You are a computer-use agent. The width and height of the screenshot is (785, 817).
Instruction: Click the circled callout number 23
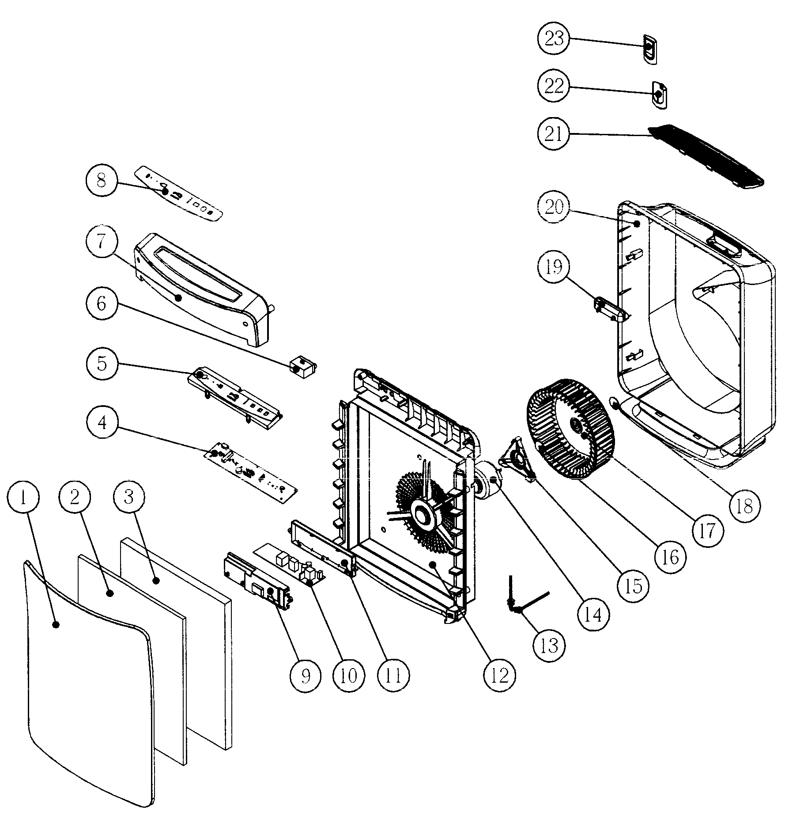coord(554,38)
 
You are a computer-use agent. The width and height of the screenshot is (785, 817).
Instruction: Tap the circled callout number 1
coord(23,498)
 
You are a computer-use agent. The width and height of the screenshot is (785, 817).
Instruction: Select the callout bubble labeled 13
coord(550,646)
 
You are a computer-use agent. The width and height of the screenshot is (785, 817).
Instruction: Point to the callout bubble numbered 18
coord(744,507)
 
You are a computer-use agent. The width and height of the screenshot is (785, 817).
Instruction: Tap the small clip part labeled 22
coord(659,95)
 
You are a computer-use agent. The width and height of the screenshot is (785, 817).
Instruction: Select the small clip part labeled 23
coord(650,49)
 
